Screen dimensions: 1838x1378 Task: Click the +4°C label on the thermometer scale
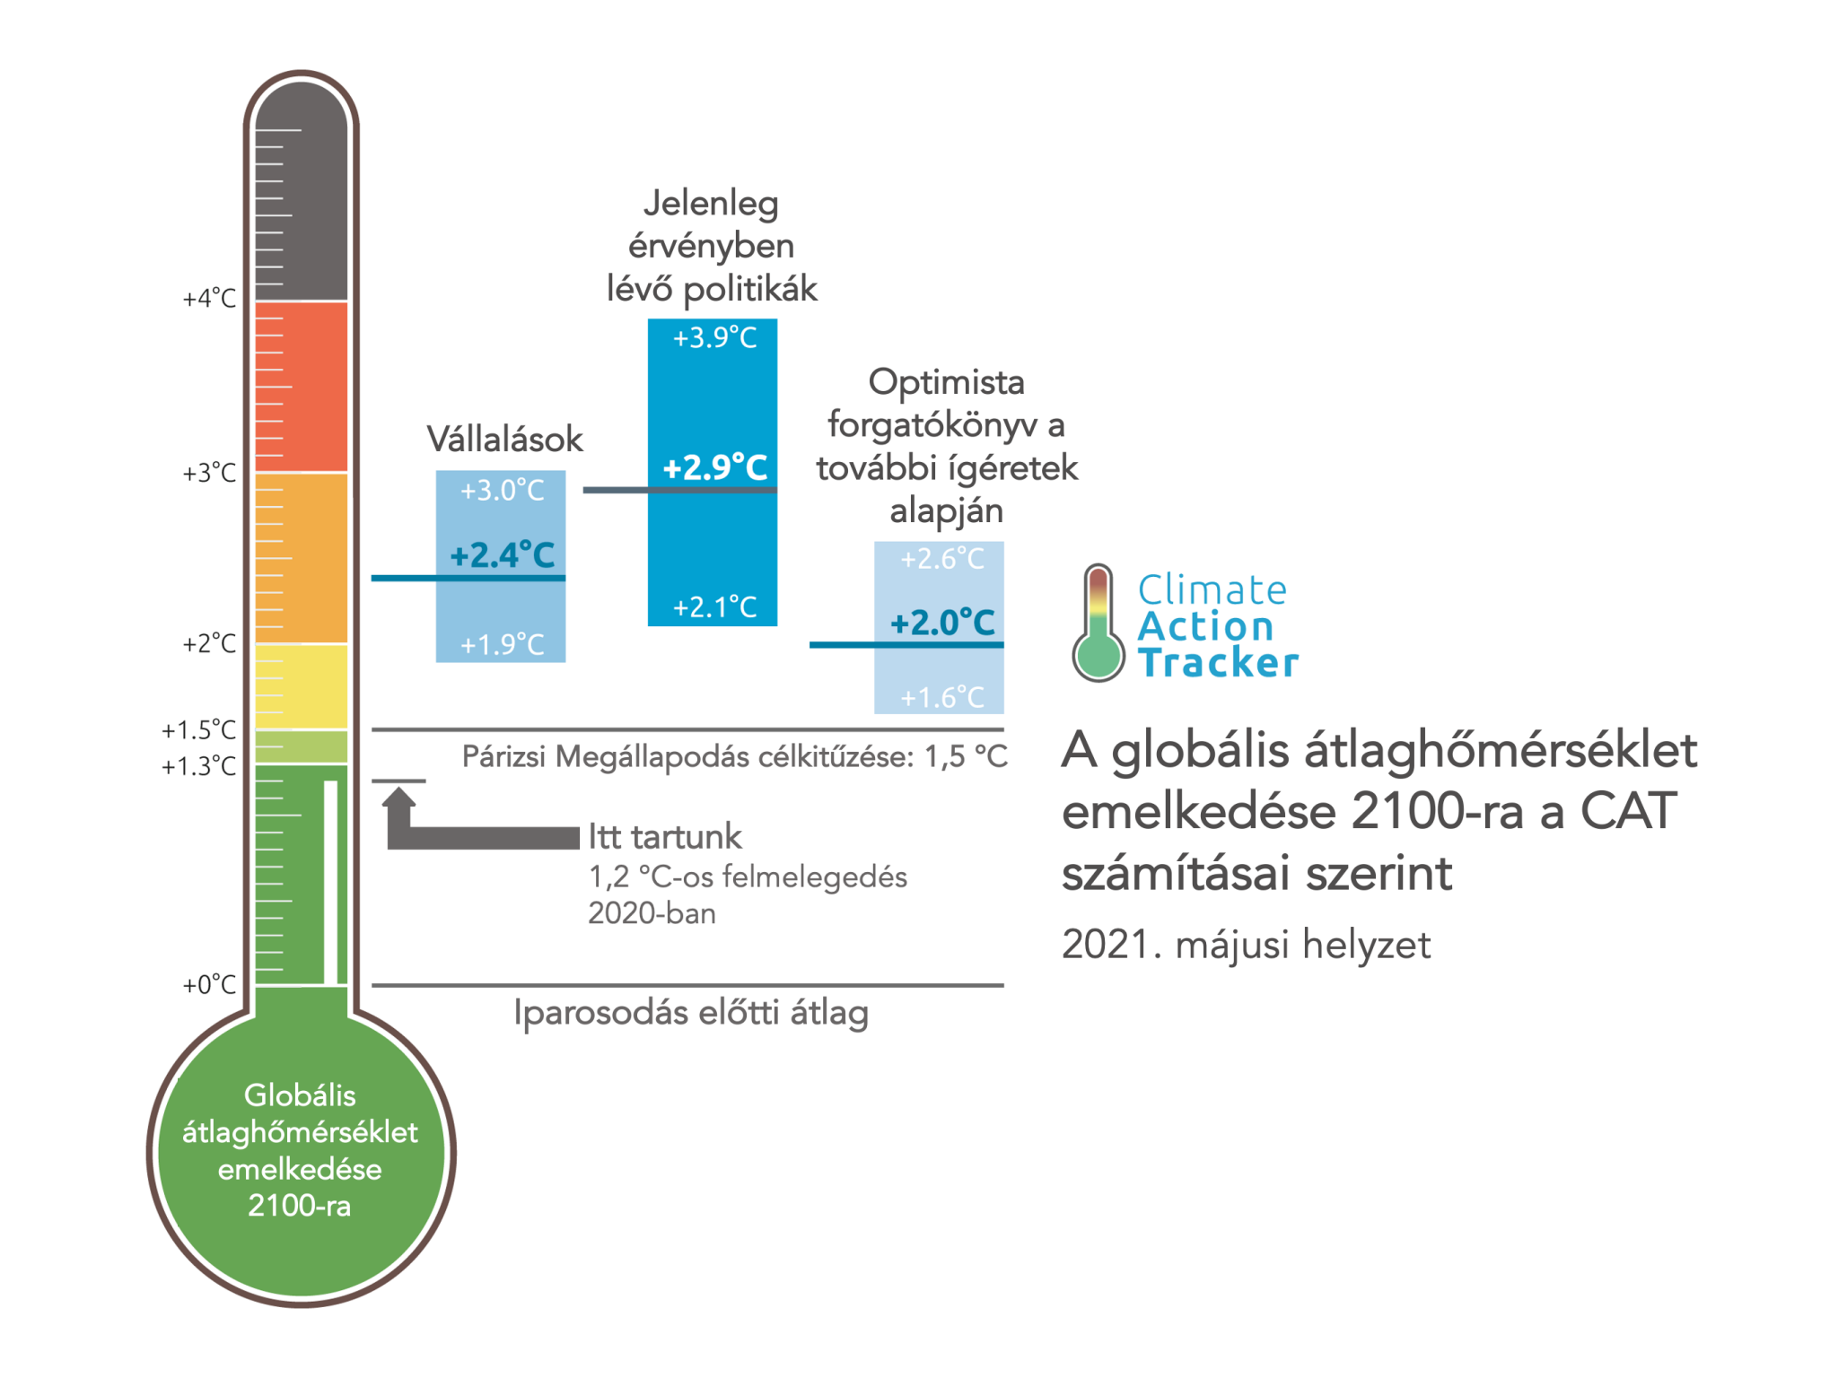(209, 298)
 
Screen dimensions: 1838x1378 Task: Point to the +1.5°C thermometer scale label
(198, 729)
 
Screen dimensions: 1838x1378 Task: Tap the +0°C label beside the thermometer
(209, 984)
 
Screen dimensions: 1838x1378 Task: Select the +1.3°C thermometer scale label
(198, 766)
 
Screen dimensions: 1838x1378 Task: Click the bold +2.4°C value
(502, 554)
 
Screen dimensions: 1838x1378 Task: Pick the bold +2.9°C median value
(714, 467)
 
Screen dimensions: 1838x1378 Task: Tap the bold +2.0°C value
(942, 622)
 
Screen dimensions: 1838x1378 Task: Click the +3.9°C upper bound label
(714, 337)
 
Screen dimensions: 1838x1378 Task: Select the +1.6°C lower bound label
(942, 697)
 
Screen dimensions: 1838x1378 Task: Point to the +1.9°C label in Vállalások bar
(502, 644)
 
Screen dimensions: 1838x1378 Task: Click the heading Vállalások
(504, 439)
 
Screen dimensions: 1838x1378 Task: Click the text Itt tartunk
(665, 836)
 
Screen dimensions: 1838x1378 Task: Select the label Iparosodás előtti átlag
(691, 1012)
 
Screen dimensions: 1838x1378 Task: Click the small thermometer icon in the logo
(1098, 623)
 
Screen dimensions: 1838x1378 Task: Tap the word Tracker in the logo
(1219, 663)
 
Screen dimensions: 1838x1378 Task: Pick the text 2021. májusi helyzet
(1246, 945)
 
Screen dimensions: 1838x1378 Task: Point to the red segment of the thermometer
(302, 387)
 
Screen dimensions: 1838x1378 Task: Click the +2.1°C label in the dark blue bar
(714, 607)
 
